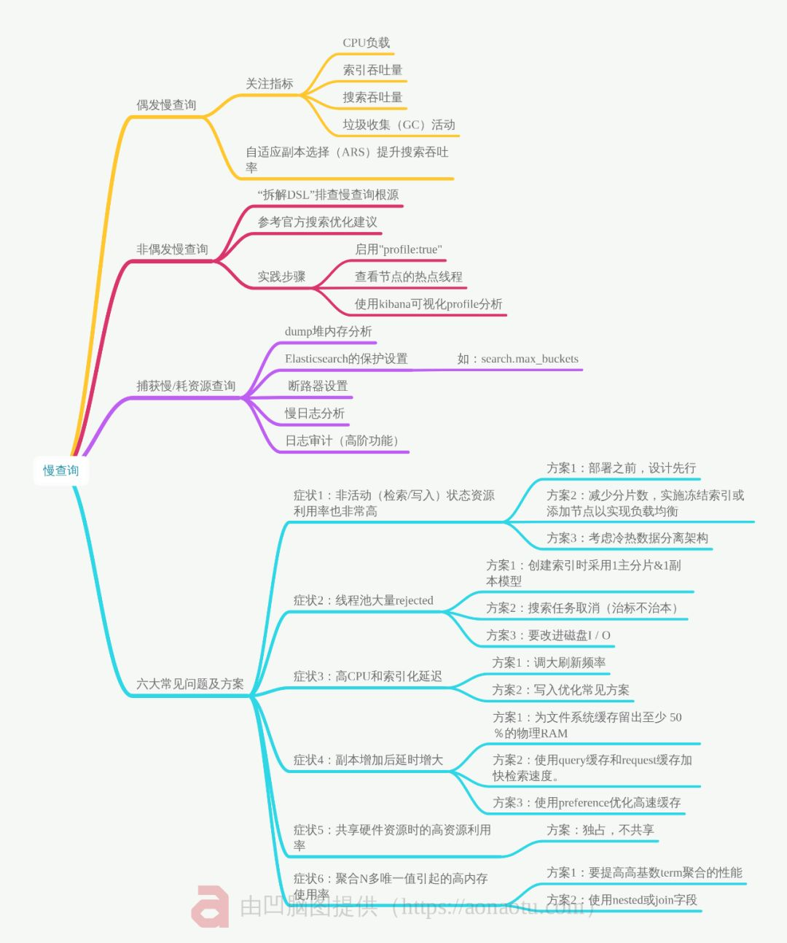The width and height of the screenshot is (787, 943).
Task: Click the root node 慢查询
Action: coord(60,470)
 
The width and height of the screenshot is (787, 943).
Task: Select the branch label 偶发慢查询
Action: coord(166,105)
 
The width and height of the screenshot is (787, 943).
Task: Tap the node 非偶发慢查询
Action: coord(172,249)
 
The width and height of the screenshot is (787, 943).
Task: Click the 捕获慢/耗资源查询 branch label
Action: coord(186,386)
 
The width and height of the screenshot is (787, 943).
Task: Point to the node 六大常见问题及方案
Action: coord(189,684)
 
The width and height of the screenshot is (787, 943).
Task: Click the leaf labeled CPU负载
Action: coord(366,43)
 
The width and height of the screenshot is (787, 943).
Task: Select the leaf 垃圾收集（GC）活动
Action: coord(399,125)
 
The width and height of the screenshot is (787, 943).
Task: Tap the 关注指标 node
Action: coord(269,84)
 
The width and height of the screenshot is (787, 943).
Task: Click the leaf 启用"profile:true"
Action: coord(398,249)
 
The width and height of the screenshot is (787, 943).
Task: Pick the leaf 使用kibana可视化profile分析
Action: coord(428,304)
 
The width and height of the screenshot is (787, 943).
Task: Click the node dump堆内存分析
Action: coord(328,331)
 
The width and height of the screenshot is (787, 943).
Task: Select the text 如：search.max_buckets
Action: coord(517,359)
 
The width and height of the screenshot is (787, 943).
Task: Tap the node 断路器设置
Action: coord(318,386)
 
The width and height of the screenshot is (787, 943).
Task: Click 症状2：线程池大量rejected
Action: coord(363,600)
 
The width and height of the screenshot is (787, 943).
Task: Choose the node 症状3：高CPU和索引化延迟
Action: coord(367,676)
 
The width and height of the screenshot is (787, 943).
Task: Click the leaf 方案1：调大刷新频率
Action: coord(549,662)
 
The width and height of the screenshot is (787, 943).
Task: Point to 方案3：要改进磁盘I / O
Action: coord(548,635)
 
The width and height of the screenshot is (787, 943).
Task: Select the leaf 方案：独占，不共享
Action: coord(600,830)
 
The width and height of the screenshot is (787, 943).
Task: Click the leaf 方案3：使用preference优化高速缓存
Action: coord(587,802)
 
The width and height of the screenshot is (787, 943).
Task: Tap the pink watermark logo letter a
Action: coord(210,907)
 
